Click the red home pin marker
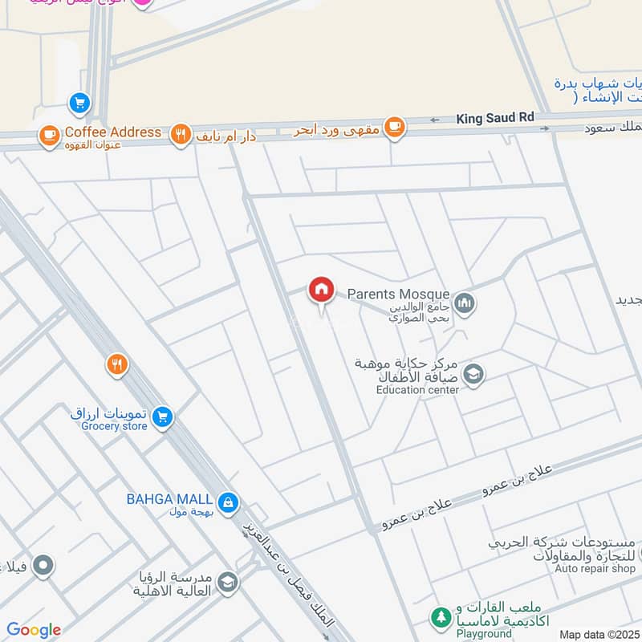321,290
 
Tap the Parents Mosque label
398,295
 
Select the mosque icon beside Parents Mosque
465,304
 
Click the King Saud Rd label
495,118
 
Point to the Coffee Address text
113,132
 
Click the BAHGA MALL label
169,498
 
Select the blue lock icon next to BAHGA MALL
229,502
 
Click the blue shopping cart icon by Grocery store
163,417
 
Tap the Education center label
418,390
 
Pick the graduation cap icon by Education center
474,375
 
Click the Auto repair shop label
595,568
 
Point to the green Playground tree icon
440,617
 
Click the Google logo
33,630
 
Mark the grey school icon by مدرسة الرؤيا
228,582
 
